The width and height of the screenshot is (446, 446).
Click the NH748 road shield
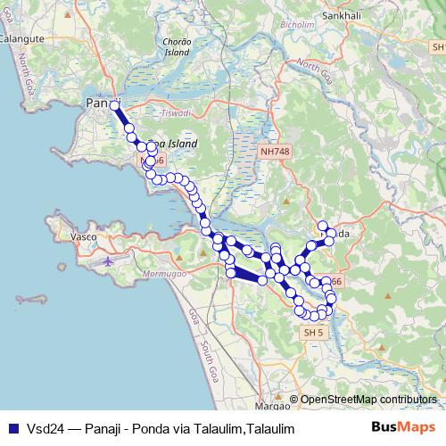(x=276, y=153)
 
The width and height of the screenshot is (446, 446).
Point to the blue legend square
(x=12, y=428)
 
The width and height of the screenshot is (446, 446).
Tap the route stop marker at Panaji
(x=114, y=105)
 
